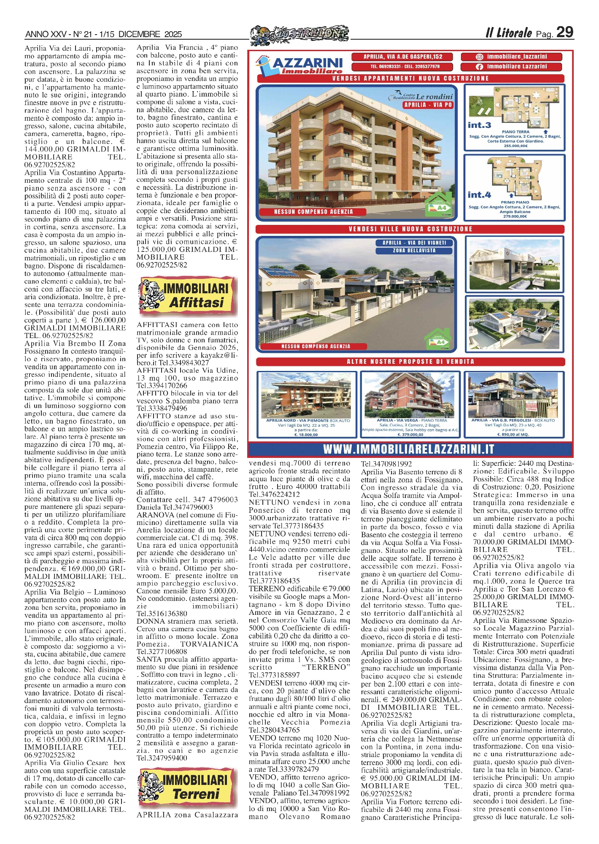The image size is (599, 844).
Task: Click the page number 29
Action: [564, 32]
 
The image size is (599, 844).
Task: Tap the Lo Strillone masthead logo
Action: [299, 34]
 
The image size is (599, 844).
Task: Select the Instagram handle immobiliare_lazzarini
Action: [511, 57]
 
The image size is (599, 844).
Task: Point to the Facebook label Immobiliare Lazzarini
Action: [511, 67]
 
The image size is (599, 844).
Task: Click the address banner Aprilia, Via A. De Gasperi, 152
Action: [402, 57]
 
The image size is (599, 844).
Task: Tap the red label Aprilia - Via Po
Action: [428, 105]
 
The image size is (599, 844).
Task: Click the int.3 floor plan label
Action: [479, 125]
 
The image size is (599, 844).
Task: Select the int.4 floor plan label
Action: [479, 195]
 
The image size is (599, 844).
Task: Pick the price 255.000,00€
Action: [515, 146]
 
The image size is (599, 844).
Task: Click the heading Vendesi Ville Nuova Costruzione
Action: [410, 229]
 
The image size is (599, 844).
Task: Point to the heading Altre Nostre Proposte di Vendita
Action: [410, 362]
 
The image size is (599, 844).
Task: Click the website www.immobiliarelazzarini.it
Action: [408, 449]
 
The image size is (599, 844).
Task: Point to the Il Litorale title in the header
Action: [508, 33]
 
